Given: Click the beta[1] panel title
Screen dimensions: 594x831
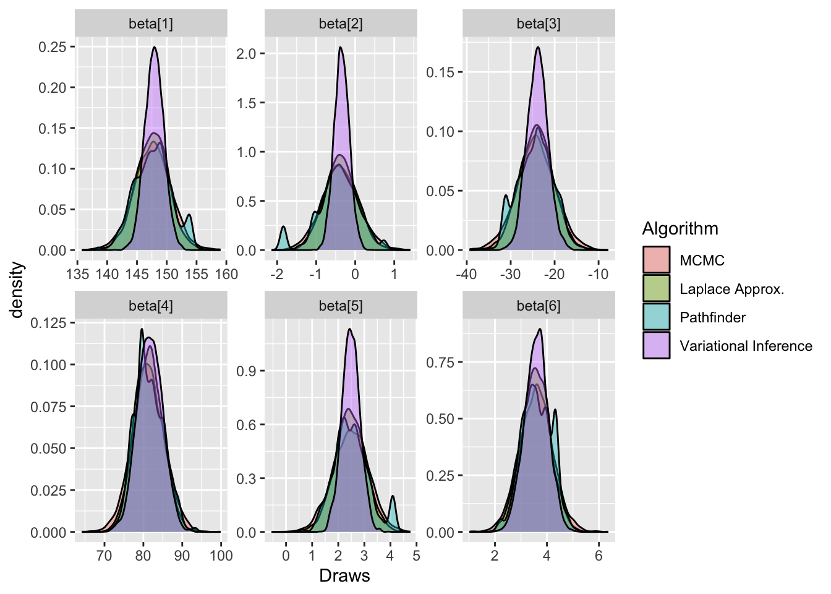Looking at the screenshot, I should point(151,24).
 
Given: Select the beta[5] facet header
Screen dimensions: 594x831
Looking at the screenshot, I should point(341,306).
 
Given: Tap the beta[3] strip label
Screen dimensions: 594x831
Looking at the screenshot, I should point(539,24).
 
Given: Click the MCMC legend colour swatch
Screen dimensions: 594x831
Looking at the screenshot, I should point(656,260).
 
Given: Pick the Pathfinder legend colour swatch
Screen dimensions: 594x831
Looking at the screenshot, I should point(656,317).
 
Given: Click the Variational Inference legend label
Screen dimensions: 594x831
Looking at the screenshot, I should point(746,346).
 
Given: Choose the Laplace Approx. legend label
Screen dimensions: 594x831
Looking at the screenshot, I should point(731,289).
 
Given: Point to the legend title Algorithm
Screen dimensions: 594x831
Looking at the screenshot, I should point(680,229).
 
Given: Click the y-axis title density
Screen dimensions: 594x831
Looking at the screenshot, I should point(17,290).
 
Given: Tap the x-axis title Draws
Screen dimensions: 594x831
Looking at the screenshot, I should point(344,576).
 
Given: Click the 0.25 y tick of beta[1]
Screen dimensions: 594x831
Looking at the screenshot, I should point(53,47).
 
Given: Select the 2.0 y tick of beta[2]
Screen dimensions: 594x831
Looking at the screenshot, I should point(245,54).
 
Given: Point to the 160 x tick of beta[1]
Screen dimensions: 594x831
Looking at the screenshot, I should point(226,274).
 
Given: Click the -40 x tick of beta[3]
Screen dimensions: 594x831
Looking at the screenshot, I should point(466,274).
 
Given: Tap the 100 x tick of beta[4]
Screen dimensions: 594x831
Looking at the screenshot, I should point(221,556).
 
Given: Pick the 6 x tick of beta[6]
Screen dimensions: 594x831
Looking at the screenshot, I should point(599,556).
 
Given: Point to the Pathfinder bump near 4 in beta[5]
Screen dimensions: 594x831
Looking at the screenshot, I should point(392,504).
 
